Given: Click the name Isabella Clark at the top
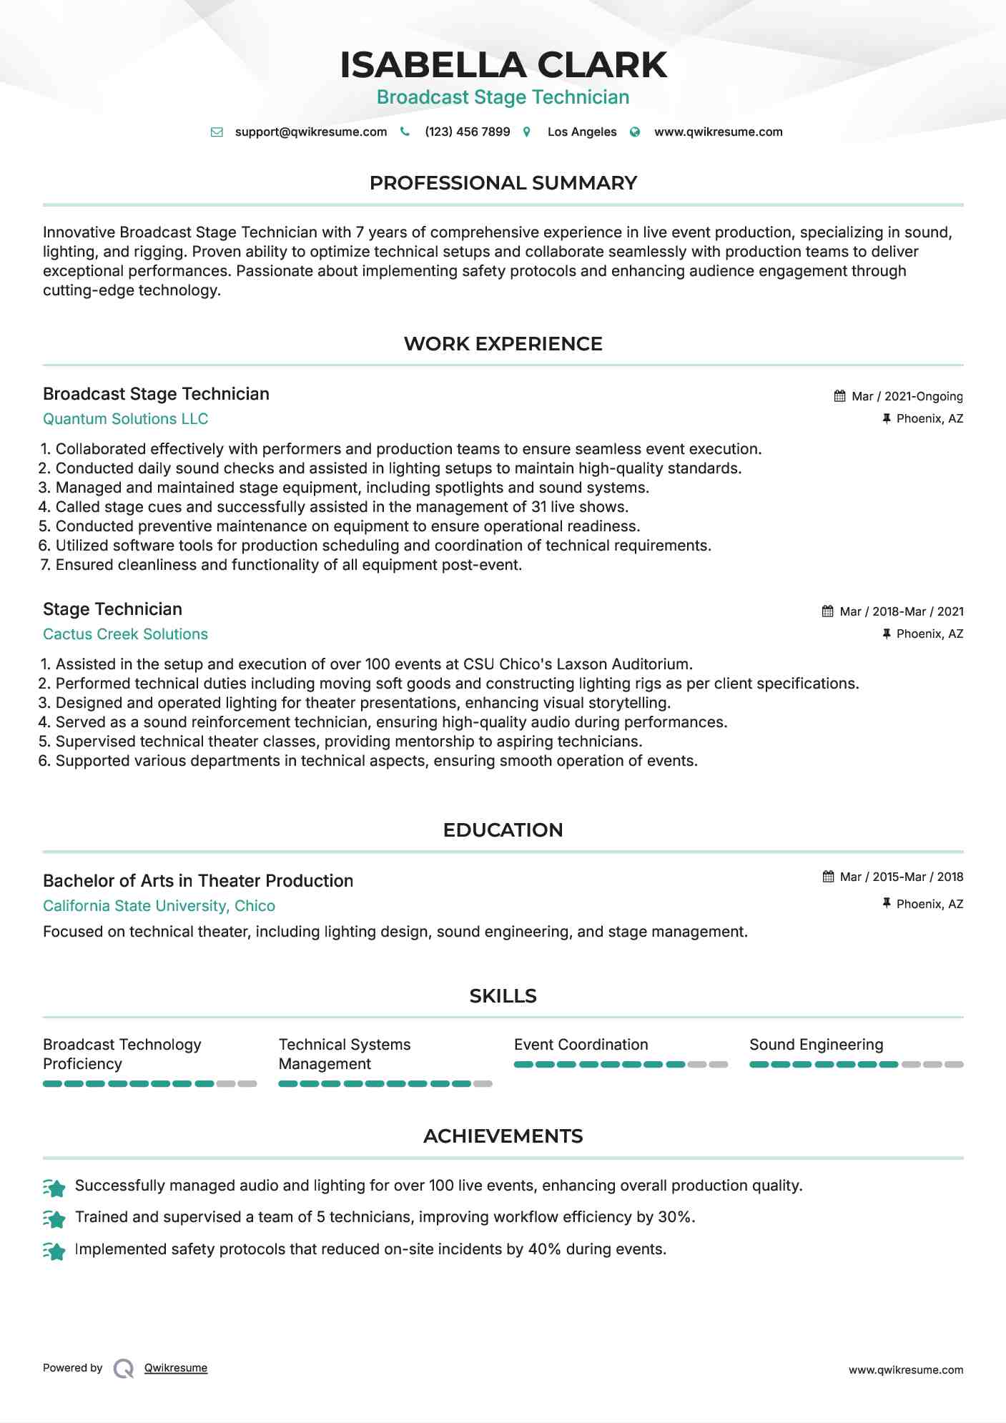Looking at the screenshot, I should (503, 65).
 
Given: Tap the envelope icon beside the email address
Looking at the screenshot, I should (217, 132).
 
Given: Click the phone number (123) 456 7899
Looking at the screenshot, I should (467, 132).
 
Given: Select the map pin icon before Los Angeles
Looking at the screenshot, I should (527, 132).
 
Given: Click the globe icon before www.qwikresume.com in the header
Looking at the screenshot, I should (635, 132).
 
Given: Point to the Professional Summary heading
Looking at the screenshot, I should (503, 183).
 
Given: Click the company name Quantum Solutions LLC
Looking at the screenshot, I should (125, 419).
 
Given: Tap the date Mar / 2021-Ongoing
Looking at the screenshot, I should (907, 397).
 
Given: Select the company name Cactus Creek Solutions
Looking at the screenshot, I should (125, 634).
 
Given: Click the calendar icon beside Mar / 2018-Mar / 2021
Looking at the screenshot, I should (828, 611).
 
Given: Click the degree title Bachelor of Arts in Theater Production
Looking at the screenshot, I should (198, 881).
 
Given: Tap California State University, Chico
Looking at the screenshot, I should (159, 906).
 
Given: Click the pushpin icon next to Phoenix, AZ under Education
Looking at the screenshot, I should (887, 904).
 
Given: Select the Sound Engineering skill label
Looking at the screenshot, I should (816, 1045).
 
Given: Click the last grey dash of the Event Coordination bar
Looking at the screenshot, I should (718, 1065).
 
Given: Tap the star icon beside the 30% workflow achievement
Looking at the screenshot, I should (54, 1218).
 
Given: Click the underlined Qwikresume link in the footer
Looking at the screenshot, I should (176, 1368).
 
